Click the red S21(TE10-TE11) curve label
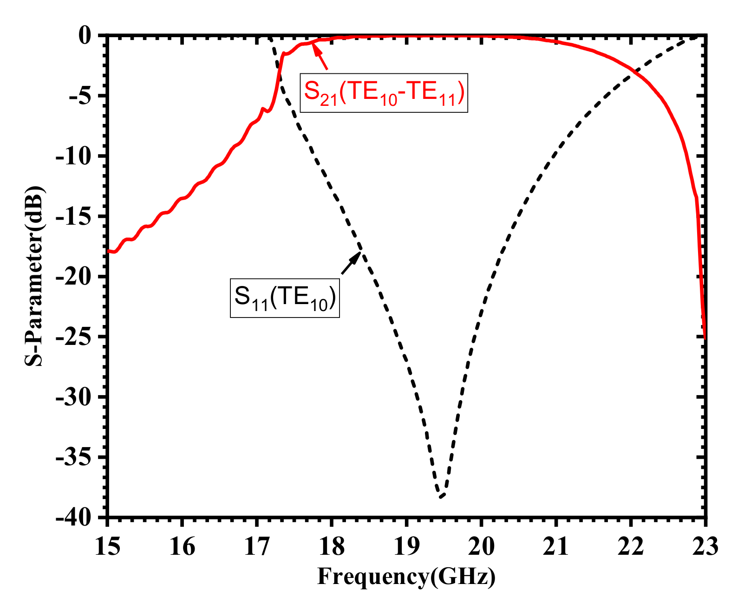384,92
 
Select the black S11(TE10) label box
285,298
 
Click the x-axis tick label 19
406,546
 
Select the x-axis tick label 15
107,546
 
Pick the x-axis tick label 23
705,546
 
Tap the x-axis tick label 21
556,546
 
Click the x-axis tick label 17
257,546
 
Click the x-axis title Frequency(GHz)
406,577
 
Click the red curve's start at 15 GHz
109,251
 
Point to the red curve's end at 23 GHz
705,337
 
